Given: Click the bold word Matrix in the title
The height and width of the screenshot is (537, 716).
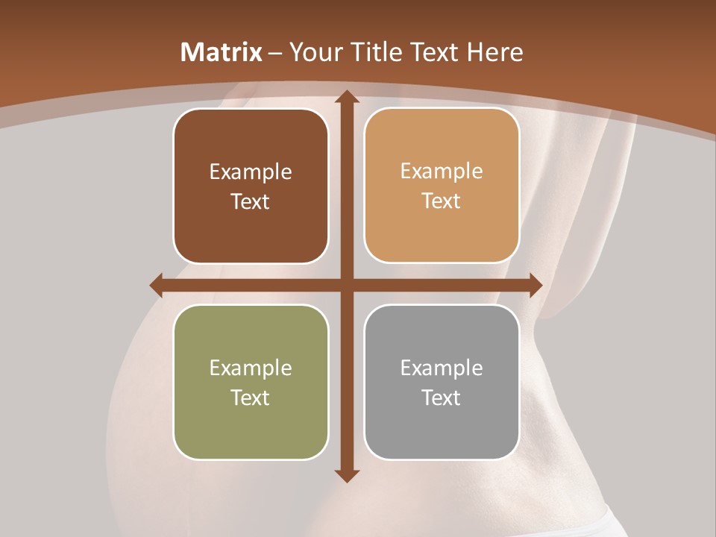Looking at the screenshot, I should tap(222, 52).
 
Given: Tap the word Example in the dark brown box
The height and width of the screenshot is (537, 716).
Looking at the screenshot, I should tap(251, 172).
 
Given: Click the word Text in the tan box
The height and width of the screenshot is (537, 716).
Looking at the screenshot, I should tap(442, 201).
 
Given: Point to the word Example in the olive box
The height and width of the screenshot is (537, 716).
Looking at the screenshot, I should tap(251, 368).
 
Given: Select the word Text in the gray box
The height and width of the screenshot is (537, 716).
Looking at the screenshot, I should tap(442, 398).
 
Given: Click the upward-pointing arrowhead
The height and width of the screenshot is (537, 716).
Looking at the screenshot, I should tap(346, 97).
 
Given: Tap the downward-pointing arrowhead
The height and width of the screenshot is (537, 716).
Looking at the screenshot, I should tap(346, 475).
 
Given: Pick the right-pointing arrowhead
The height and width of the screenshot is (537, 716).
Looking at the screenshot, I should tap(535, 285).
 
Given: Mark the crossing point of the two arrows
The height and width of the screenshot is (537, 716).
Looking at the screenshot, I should tap(346, 285).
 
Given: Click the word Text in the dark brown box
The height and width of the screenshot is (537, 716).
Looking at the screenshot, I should tap(251, 201).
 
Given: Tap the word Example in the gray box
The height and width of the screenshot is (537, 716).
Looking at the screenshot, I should tap(442, 368).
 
